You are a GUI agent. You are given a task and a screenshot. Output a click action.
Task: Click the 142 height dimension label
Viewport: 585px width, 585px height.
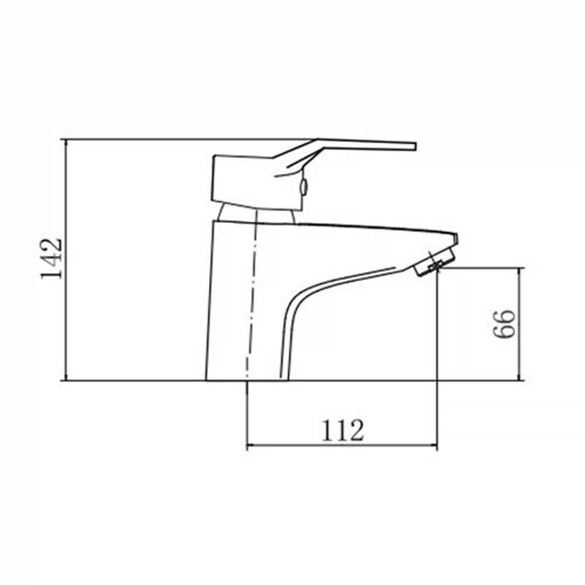click(x=51, y=258)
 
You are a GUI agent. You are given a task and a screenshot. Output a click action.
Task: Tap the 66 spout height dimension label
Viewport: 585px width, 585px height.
click(x=504, y=324)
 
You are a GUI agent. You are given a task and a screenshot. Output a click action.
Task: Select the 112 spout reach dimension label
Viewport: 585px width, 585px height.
click(x=342, y=431)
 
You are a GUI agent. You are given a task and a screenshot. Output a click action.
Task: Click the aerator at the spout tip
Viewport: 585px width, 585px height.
click(x=435, y=263)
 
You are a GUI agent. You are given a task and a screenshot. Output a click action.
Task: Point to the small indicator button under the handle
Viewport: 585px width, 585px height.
click(x=304, y=187)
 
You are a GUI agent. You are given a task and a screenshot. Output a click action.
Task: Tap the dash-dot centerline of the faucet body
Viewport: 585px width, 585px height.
click(x=251, y=295)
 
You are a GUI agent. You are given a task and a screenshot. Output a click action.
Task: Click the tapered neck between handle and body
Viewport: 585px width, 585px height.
click(x=257, y=214)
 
